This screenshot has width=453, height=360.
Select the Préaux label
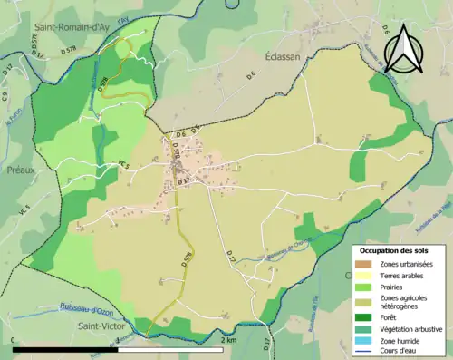(20, 169)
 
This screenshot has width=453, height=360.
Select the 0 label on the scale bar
(14, 341)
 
